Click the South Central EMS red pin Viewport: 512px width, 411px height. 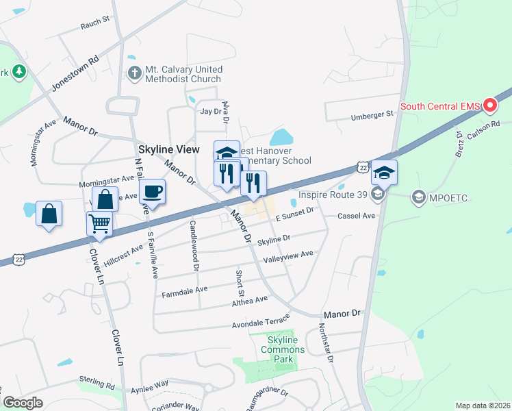click(x=490, y=105)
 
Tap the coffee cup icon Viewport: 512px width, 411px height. click(x=151, y=191)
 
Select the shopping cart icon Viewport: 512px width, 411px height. click(x=100, y=223)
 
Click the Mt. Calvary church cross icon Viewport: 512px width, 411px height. click(x=135, y=73)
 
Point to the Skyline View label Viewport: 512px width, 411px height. click(x=168, y=149)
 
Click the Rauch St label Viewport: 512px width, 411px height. click(x=95, y=23)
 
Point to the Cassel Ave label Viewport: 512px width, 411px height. click(x=357, y=216)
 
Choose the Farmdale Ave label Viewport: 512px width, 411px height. click(x=184, y=290)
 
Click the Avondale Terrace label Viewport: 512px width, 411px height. click(x=261, y=321)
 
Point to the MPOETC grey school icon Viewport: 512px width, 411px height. click(x=418, y=198)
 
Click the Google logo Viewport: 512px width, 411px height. click(x=23, y=403)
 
